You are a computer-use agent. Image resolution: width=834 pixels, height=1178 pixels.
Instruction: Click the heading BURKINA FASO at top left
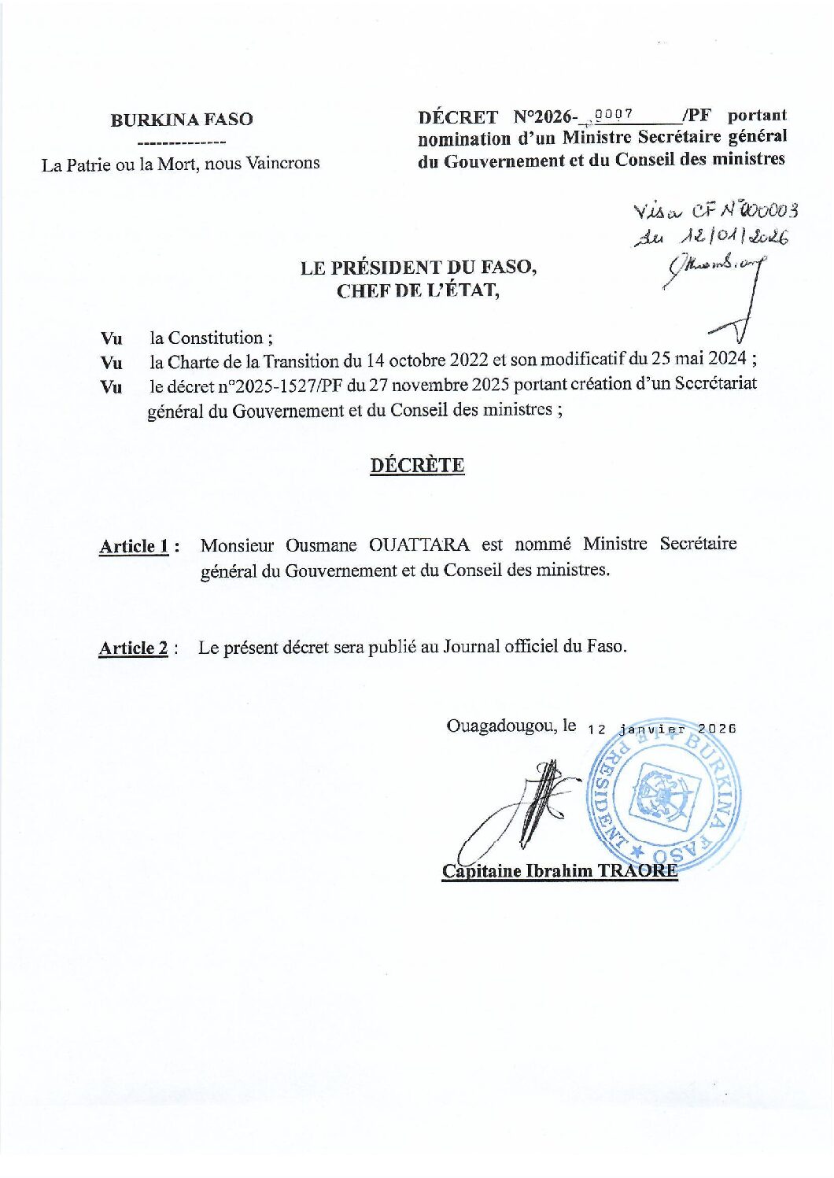182,120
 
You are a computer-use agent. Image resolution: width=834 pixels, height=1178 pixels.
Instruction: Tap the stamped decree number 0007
614,114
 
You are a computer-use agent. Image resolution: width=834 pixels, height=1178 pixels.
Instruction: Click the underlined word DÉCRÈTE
417,465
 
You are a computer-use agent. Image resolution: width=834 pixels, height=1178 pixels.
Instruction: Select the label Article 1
135,546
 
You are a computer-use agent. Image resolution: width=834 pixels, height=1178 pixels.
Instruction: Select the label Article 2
134,648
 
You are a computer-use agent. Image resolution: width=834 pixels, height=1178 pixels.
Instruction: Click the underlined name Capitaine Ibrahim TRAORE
559,870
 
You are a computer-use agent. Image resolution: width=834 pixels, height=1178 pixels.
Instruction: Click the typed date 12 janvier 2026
662,729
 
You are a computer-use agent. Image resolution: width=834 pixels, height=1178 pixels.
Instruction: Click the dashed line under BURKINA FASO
182,142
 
